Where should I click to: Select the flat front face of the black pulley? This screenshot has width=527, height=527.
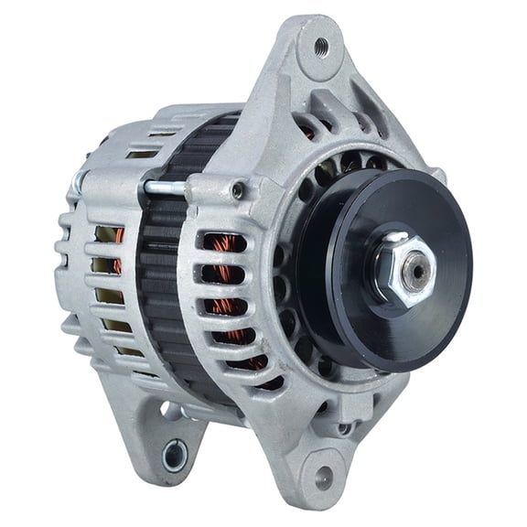[x=439, y=302]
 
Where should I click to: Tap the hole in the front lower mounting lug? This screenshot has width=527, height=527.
[x=324, y=476]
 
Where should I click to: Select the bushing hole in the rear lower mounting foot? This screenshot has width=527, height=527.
[x=174, y=454]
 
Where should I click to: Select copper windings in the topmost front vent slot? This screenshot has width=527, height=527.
[x=222, y=243]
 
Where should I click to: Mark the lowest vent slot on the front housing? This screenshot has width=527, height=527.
[x=247, y=365]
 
